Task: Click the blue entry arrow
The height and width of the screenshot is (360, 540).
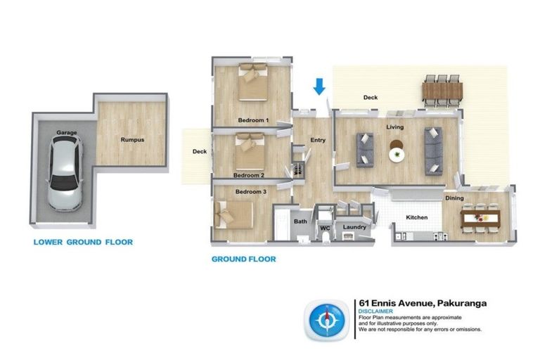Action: point(319,86)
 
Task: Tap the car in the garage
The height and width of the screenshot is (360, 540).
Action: point(65,172)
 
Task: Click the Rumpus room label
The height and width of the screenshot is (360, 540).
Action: point(132,140)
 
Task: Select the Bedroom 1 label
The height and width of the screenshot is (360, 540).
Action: point(253,120)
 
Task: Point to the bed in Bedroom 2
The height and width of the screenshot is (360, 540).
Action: point(250,152)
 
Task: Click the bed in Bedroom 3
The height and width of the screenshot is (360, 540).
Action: point(234,215)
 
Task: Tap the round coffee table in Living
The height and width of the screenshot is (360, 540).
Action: point(397,151)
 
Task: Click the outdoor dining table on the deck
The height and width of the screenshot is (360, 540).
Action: point(442,91)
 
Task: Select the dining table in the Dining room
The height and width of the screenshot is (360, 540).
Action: point(480,218)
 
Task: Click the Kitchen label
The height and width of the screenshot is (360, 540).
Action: point(417,217)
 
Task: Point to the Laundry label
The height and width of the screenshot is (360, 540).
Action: point(354,227)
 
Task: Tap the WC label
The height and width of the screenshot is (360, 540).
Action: point(325,228)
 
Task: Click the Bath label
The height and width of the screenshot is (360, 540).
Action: point(300,221)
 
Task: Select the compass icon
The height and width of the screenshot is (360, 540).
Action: point(326,321)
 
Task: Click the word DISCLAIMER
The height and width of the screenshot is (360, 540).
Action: point(375,311)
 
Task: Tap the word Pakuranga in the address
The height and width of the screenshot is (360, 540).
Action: point(462,303)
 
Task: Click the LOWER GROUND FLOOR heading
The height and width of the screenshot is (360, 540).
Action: point(83,242)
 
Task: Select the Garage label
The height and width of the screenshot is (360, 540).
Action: point(67,132)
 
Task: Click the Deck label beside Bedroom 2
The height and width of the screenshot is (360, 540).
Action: point(200,151)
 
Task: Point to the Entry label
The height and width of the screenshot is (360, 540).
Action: point(318,140)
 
